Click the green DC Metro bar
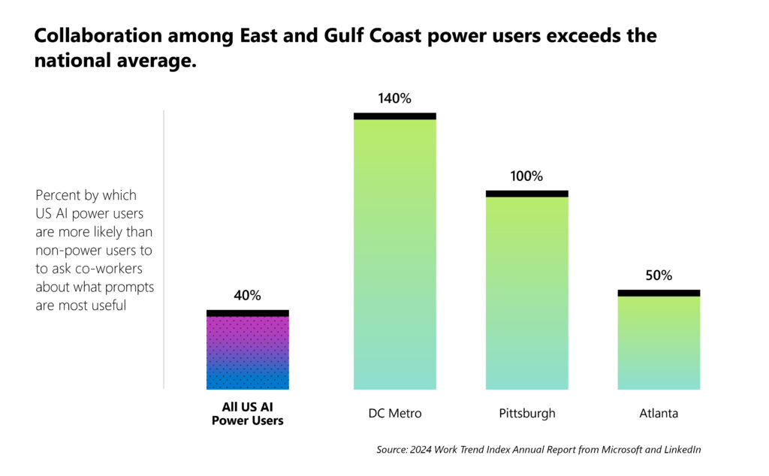[394, 255]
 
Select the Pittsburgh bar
[526, 293]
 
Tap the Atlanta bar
[659, 342]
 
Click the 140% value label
[394, 98]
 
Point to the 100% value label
[526, 176]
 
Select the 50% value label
[659, 276]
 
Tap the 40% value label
[247, 296]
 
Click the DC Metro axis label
[394, 414]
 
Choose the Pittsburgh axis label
[526, 414]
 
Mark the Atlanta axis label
[659, 414]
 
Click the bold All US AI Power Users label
[247, 414]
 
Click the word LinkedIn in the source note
[679, 450]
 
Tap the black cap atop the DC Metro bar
[394, 116]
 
